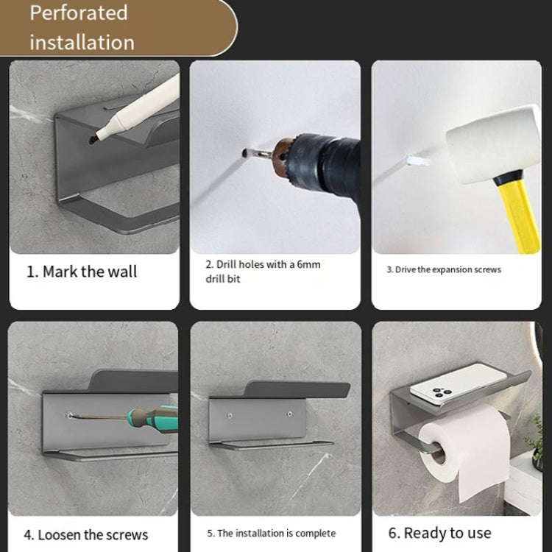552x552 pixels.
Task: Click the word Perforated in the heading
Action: [x=79, y=13]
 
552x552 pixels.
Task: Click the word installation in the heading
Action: [x=82, y=42]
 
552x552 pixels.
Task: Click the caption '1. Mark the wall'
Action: [x=82, y=272]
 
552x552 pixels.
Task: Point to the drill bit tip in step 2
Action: [x=245, y=153]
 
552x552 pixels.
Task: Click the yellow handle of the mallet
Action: [x=522, y=213]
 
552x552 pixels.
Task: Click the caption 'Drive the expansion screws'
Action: [x=447, y=269]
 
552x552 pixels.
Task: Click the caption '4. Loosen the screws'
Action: [x=86, y=535]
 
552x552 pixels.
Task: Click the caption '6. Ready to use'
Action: [x=440, y=533]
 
